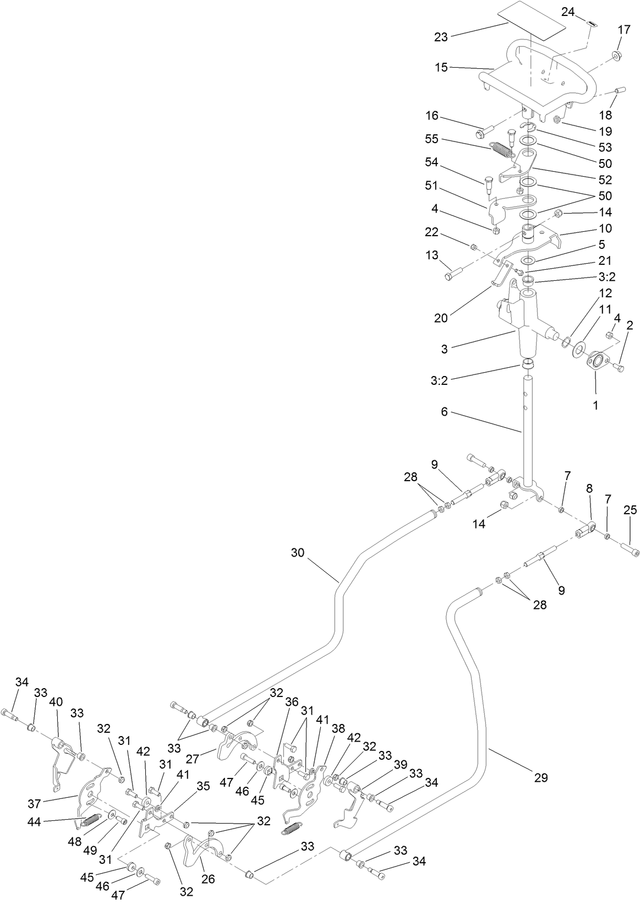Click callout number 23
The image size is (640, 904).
coord(441,37)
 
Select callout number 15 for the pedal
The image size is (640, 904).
coord(441,68)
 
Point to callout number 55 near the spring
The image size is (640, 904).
coord(431,139)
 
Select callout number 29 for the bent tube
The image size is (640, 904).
coord(540,777)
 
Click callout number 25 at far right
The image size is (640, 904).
coord(631,510)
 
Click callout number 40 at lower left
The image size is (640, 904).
coord(56,701)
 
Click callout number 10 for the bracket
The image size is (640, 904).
coord(605,228)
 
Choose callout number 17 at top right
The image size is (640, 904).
coord(623,30)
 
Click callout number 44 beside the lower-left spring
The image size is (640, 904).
coord(34,821)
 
